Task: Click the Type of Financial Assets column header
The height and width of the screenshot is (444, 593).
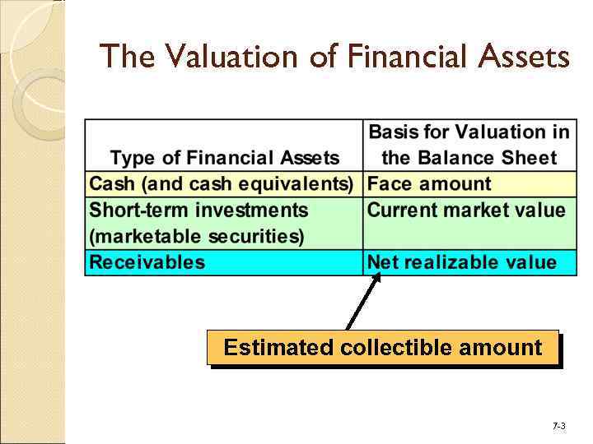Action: pos(224,158)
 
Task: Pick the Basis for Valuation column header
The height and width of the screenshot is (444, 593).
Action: pos(469,145)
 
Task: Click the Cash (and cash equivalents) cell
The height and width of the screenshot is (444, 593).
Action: pos(222,184)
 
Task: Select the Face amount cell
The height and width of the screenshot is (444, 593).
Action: pos(429,184)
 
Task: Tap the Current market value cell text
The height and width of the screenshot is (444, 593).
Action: pos(466,210)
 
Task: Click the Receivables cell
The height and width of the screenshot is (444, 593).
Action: pos(147,263)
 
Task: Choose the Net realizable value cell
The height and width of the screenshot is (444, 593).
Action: pos(462,263)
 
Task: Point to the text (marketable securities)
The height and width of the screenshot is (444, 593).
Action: pos(197,237)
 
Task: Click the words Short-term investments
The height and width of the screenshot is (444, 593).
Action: pos(198,210)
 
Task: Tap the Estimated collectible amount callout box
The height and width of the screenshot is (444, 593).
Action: pos(383,347)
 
